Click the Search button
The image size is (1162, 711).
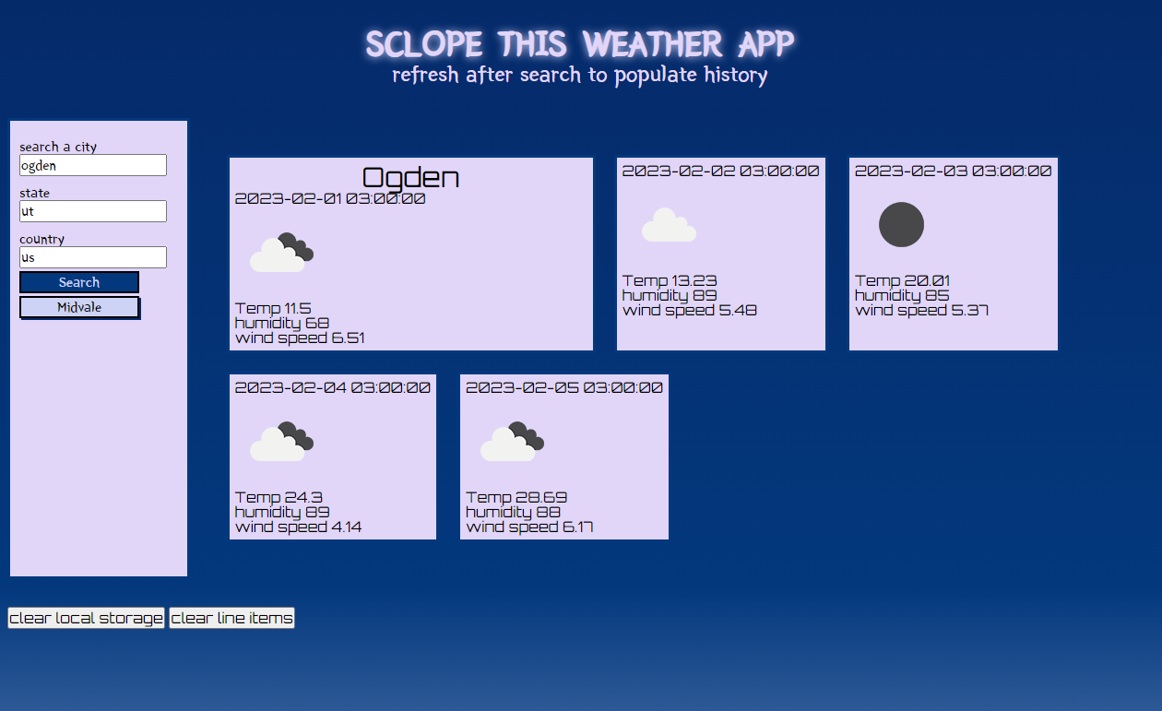(79, 282)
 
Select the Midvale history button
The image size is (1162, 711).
(79, 307)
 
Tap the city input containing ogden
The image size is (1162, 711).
(93, 165)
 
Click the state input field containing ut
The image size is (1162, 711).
(93, 211)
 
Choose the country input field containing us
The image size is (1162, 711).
(93, 257)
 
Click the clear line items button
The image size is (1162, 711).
(231, 618)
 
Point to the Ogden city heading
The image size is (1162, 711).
(410, 178)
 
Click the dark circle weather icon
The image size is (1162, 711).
(901, 224)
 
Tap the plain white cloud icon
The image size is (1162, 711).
(669, 225)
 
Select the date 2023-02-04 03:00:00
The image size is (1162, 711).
(332, 387)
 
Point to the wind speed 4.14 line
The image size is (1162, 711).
(298, 527)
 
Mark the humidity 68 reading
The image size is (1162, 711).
(281, 323)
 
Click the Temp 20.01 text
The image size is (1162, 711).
(902, 280)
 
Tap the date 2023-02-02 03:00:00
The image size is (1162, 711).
(720, 171)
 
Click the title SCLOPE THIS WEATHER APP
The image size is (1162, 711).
(580, 43)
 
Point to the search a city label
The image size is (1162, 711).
(58, 147)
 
